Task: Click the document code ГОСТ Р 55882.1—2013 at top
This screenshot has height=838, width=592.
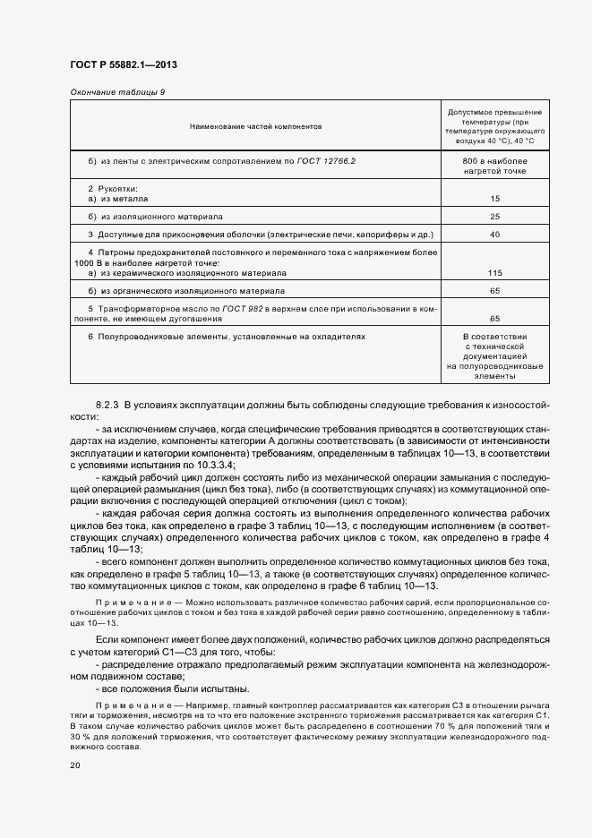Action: click(129, 65)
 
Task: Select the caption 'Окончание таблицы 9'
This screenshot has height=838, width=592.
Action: click(116, 92)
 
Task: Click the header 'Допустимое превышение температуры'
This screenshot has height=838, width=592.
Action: click(494, 127)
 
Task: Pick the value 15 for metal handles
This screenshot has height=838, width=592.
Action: click(494, 198)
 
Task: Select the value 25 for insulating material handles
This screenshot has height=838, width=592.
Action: click(494, 217)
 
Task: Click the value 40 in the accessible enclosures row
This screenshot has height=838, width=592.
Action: click(494, 235)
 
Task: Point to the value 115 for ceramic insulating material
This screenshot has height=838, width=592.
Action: click(494, 272)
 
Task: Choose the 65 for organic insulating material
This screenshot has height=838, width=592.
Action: click(494, 291)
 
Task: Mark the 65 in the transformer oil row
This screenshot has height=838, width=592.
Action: click(494, 318)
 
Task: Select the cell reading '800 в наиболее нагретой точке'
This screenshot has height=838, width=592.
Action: click(494, 166)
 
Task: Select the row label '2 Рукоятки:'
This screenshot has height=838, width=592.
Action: click(112, 189)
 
